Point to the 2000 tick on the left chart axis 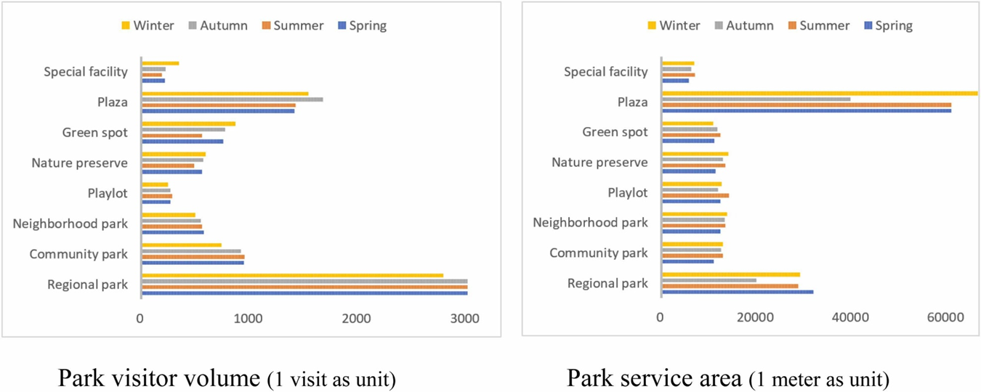[x=357, y=318]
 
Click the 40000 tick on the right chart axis [x=850, y=318]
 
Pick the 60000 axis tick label [x=945, y=318]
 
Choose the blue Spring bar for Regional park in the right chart [x=738, y=292]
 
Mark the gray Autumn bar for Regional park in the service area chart [x=709, y=280]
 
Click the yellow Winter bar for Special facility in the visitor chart [x=161, y=63]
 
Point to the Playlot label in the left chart [x=107, y=193]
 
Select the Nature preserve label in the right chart [x=599, y=163]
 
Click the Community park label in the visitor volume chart [x=78, y=254]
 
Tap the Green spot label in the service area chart [x=615, y=132]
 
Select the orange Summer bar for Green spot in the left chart [x=172, y=136]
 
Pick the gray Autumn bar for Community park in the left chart [x=192, y=251]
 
